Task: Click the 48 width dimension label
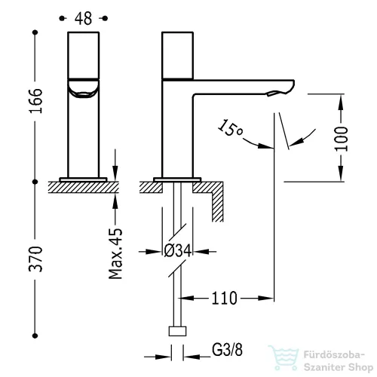click(x=83, y=19)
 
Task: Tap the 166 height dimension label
click(x=35, y=100)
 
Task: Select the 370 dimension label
click(x=35, y=259)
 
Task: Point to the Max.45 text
click(x=115, y=253)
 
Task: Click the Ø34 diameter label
click(x=178, y=251)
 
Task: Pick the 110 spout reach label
click(x=224, y=299)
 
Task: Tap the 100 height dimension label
click(x=342, y=139)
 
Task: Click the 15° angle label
click(x=231, y=129)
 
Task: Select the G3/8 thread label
click(x=227, y=350)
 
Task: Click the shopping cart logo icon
click(x=283, y=357)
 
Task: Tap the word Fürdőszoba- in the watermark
click(x=334, y=355)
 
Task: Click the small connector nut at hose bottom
click(x=177, y=331)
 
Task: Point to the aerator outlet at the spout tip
click(x=271, y=93)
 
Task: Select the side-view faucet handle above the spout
click(x=177, y=55)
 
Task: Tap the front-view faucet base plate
click(x=83, y=179)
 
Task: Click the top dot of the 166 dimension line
click(x=35, y=32)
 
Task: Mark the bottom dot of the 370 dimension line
click(x=35, y=336)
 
